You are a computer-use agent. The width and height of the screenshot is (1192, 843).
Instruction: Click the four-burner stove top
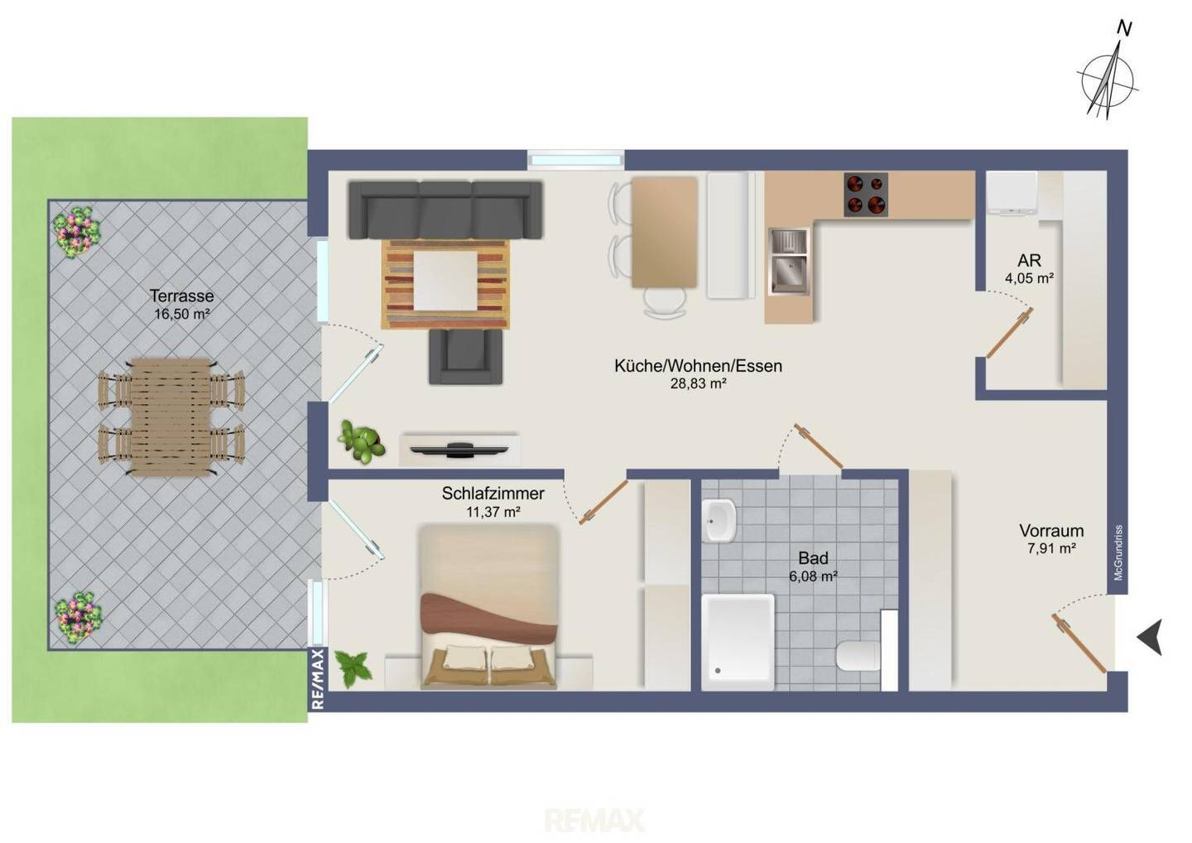[x=866, y=195]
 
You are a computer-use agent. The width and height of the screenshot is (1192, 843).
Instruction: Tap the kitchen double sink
[x=789, y=262]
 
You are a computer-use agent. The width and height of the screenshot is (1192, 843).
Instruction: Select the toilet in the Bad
[x=858, y=657]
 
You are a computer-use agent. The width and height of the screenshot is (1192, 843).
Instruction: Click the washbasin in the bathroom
[x=719, y=521]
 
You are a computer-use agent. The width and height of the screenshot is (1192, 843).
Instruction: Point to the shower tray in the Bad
[x=738, y=643]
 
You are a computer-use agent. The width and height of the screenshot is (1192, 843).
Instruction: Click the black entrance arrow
[x=1151, y=637]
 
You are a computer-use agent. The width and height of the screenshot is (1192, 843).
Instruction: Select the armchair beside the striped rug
[x=465, y=357]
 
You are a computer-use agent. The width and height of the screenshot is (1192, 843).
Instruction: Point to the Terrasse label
[x=181, y=296]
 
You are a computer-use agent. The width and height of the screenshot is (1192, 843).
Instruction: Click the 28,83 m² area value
[x=698, y=383]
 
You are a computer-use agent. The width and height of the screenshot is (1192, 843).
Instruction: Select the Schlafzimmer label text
[x=493, y=494]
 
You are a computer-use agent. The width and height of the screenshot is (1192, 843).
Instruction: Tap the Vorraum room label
[x=1051, y=531]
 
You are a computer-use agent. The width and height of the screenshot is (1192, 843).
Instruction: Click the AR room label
[x=1029, y=260]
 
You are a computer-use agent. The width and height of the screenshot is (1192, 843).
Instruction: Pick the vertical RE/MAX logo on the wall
[x=318, y=679]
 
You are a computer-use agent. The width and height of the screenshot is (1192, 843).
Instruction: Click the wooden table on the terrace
[x=171, y=417]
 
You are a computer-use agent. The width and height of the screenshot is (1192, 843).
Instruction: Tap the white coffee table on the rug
[x=445, y=281]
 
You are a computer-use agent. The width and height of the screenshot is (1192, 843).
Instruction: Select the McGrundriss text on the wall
[x=1118, y=553]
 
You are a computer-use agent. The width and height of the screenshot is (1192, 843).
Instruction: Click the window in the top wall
[x=576, y=160]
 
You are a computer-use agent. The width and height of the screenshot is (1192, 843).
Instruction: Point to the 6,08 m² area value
[x=814, y=576]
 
